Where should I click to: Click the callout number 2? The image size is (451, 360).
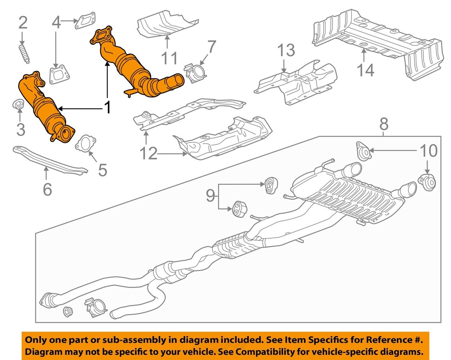(x=23, y=23)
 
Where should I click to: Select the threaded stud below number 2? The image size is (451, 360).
(x=24, y=54)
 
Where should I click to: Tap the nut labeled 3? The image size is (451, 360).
(x=18, y=105)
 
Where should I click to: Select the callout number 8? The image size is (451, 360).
(x=383, y=124)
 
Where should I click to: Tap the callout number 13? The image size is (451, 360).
(x=287, y=50)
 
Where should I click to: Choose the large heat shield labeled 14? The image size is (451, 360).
(x=376, y=41)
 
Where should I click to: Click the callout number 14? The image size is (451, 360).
(x=365, y=70)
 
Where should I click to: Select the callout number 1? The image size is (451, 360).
(x=107, y=108)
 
